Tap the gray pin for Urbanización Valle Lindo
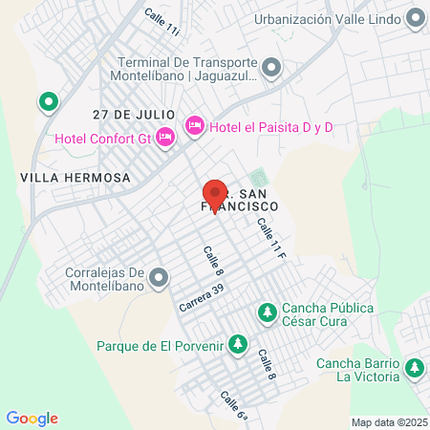point(416,18)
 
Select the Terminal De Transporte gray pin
point(271,68)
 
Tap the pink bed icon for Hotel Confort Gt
point(165,137)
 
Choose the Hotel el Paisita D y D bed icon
point(195,124)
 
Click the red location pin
point(214,195)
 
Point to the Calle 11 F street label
point(270,239)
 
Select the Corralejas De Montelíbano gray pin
point(158,278)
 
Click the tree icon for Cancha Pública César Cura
point(269,312)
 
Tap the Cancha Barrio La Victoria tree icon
point(414,367)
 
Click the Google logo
point(32,419)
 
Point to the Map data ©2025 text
point(390,422)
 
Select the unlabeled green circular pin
point(48,100)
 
